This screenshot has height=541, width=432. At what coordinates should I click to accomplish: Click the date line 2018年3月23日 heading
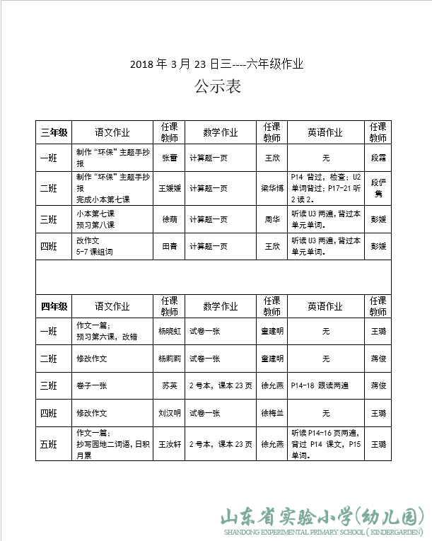click(216, 64)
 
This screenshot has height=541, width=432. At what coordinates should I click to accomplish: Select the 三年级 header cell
click(54, 132)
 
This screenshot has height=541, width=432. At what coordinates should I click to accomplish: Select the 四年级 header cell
click(54, 306)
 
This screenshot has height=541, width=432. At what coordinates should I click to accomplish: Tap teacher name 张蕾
click(169, 158)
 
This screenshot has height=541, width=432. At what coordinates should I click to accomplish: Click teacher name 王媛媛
click(169, 188)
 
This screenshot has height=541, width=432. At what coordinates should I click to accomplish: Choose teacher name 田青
click(169, 246)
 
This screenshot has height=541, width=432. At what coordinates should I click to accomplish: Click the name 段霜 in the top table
click(378, 158)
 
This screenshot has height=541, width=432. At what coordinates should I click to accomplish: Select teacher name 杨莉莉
click(169, 359)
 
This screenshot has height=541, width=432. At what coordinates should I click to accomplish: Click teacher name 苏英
click(169, 385)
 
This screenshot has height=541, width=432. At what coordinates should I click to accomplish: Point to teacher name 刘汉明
click(169, 413)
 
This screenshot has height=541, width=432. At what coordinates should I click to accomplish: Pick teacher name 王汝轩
click(169, 444)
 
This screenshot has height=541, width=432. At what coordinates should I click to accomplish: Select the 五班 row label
click(54, 444)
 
